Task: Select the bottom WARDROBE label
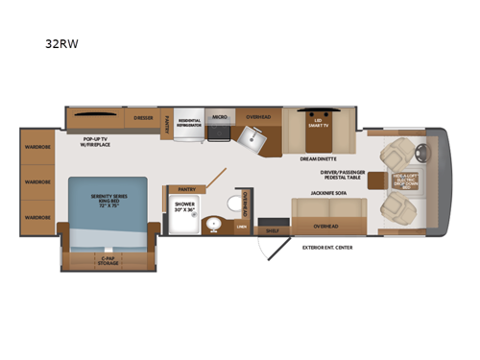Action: [x=37, y=217]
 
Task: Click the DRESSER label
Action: [x=143, y=118]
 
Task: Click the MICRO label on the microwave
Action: [x=219, y=113]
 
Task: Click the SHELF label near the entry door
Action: [x=273, y=230]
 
